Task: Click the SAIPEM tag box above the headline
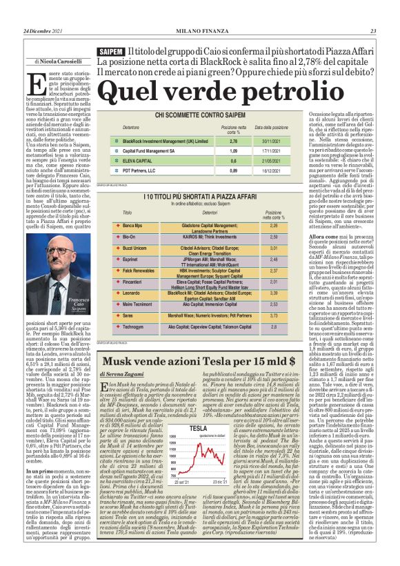point(111,52)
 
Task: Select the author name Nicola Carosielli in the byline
point(61,61)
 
